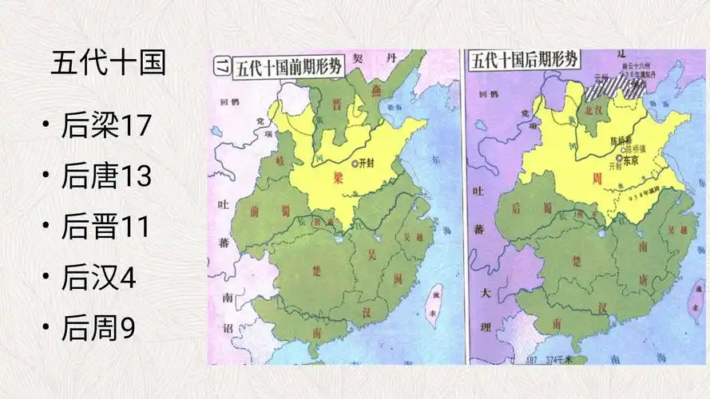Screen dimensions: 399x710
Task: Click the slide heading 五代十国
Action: click(108, 63)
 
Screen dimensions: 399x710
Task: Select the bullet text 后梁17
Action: click(106, 126)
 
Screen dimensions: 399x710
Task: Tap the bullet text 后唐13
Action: click(106, 177)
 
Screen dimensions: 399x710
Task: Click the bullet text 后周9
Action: click(97, 328)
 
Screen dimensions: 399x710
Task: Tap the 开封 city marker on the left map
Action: click(355, 164)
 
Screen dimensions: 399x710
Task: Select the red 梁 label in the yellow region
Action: click(339, 180)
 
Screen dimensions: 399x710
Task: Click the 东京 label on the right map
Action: click(630, 160)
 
